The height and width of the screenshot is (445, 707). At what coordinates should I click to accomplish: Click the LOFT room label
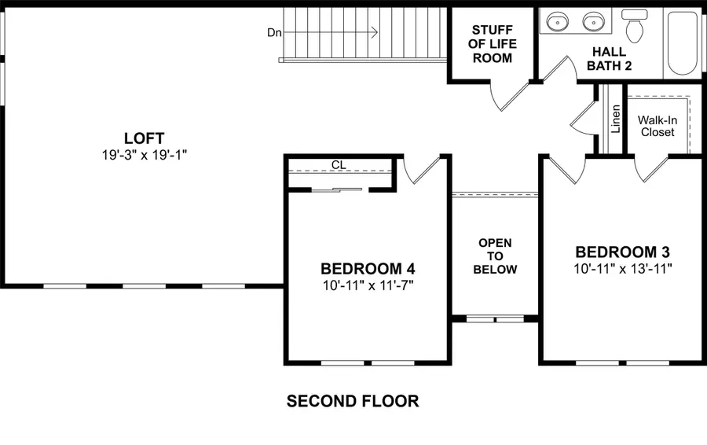tap(143, 138)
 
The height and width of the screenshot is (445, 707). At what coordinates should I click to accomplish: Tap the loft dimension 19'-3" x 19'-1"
tap(143, 154)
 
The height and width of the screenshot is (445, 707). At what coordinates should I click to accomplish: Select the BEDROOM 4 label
tap(368, 267)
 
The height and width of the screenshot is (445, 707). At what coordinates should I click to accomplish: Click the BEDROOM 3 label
tap(622, 252)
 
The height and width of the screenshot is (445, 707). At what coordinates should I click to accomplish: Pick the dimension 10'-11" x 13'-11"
tap(622, 268)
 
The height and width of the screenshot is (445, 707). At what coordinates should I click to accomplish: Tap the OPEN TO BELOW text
tap(495, 256)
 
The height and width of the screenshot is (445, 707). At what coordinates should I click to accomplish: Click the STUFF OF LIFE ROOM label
tap(491, 45)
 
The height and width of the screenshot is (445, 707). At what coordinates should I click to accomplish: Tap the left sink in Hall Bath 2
tap(557, 21)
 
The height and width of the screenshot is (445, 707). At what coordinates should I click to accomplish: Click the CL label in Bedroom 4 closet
tap(339, 165)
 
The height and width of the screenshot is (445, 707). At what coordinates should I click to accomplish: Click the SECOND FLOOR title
tap(353, 402)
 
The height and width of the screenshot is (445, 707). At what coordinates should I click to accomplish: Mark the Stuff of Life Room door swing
tap(507, 98)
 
